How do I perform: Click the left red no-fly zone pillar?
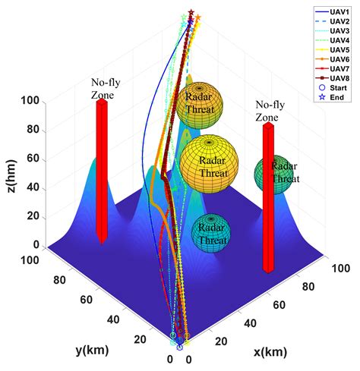point(102,171)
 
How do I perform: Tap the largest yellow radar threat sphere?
point(210,166)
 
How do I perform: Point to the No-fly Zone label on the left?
point(105,86)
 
